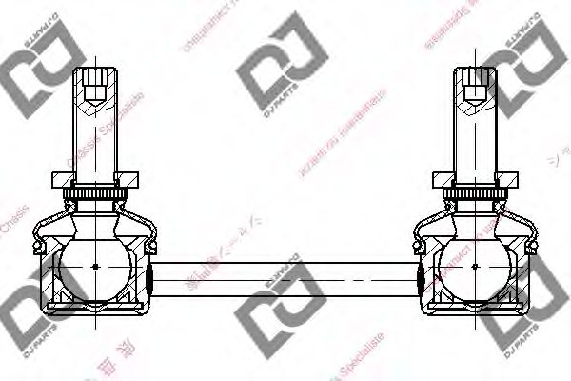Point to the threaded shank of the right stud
474,138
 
